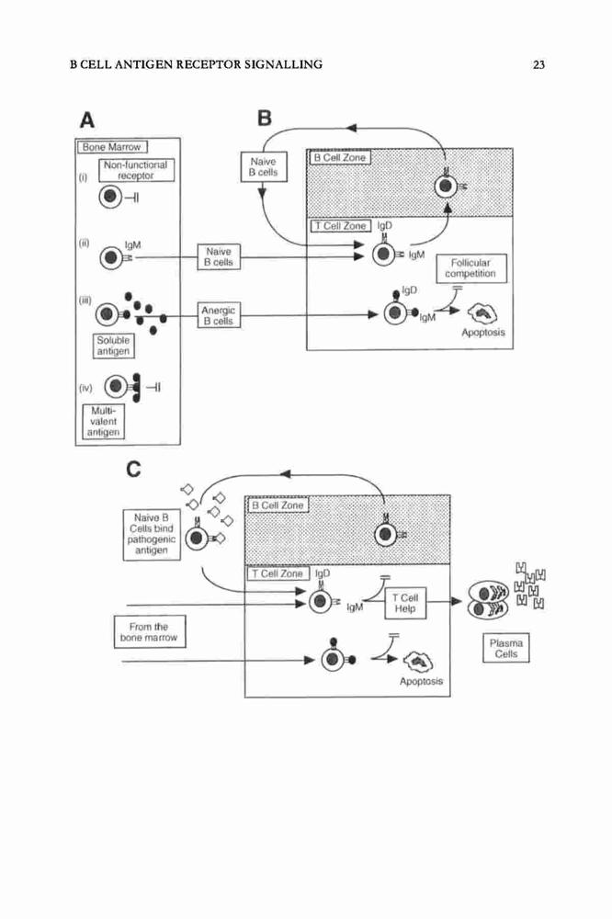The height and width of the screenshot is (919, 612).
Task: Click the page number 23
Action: pos(538,64)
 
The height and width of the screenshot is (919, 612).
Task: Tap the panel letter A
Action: pos(86,120)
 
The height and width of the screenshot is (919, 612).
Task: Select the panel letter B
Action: pos(265,118)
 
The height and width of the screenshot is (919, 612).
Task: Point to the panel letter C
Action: pos(133,469)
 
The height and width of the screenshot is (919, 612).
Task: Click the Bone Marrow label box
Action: pos(112,146)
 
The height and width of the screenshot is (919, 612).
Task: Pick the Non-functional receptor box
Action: pos(136,170)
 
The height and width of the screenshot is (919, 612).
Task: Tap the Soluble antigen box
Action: pos(113,346)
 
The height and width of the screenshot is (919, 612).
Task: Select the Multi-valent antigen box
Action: pos(104,422)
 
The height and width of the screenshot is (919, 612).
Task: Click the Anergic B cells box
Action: pos(218,315)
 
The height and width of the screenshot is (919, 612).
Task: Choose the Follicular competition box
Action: pos(470,268)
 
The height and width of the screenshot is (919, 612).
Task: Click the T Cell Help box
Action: pos(405,603)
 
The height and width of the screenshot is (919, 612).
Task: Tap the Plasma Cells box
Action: pos(506,648)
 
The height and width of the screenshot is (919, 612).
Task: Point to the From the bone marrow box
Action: pos(150,632)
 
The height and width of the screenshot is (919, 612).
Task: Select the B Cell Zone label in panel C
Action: pos(278,505)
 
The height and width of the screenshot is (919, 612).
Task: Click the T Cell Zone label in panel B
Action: pos(341,226)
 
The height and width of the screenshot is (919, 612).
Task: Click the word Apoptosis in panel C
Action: pos(421,681)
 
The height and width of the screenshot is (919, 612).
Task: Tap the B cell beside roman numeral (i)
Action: pos(109,198)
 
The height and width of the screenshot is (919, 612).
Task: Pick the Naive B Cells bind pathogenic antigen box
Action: pos(152,534)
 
